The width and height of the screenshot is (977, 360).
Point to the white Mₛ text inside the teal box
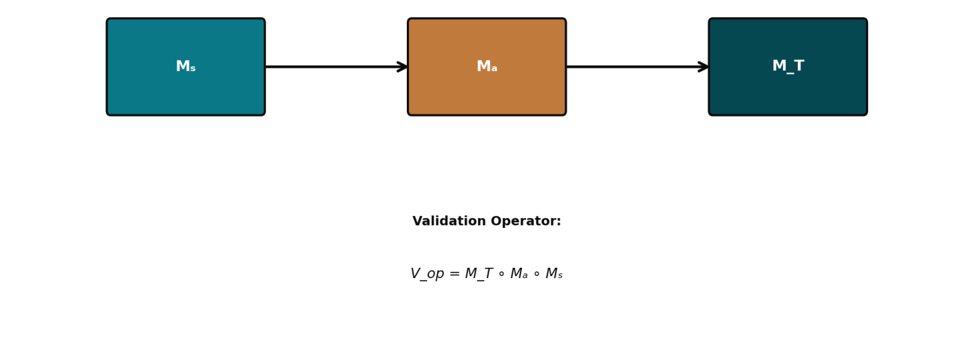186,67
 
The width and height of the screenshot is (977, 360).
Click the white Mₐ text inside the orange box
487,67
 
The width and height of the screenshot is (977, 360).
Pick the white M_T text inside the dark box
788,67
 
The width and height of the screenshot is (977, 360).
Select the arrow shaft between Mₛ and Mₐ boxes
330,67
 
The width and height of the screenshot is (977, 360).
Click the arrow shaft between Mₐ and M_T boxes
632,67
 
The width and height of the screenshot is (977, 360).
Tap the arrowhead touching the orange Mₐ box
403,67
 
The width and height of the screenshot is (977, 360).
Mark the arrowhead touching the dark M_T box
704,67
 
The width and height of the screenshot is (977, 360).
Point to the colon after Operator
559,222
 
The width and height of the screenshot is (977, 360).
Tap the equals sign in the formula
454,275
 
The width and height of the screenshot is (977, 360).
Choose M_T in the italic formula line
479,275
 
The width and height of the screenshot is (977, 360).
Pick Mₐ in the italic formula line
519,275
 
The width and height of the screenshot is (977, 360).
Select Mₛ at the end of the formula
554,275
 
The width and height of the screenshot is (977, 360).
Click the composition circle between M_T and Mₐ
501,275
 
